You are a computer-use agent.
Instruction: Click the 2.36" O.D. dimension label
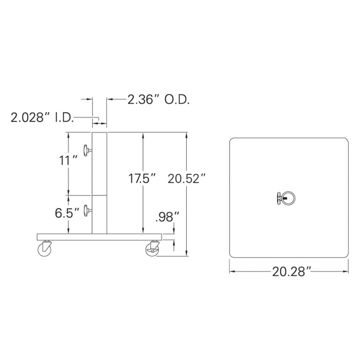point(158,100)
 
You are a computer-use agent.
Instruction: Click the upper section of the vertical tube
point(99,164)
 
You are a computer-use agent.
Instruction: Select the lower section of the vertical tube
point(99,214)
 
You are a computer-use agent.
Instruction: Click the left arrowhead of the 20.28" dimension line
point(231,271)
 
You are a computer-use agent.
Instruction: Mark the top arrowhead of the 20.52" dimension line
point(187,134)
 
